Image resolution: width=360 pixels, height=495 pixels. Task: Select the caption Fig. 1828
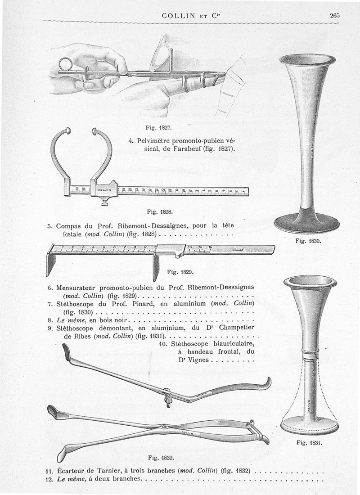(x=157, y=210)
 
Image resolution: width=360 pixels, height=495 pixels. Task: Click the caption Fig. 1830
(x=308, y=241)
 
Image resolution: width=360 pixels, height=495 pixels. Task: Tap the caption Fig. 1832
(x=161, y=458)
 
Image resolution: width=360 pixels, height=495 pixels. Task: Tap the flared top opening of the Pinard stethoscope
(x=307, y=58)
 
